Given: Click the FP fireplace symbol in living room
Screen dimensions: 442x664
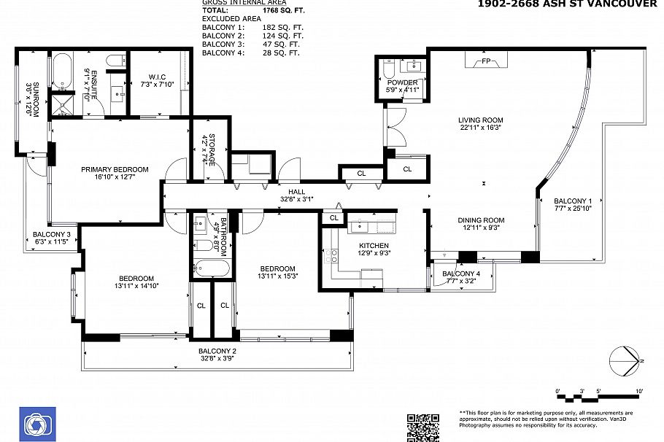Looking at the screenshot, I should (x=485, y=62).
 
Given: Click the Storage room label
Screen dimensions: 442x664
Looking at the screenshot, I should (x=209, y=149).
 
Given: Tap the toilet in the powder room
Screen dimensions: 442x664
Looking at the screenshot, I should (x=388, y=71).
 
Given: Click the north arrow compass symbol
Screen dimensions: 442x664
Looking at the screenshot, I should (x=625, y=360).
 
